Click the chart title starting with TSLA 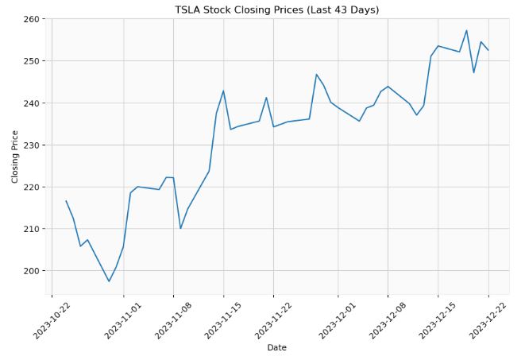[277, 10]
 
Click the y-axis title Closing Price [15, 157]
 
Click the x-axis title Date [277, 347]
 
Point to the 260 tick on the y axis [37, 19]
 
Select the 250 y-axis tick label [37, 61]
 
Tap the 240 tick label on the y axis [37, 103]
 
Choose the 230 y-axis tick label [37, 145]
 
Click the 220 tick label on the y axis [37, 188]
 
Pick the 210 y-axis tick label [37, 229]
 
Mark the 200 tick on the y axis [37, 271]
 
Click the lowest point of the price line [109, 281]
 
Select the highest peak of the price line [466, 31]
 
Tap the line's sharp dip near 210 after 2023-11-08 [180, 229]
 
